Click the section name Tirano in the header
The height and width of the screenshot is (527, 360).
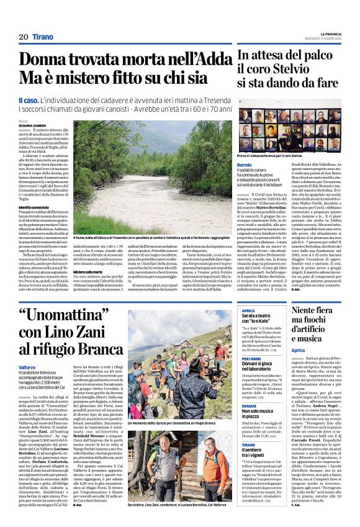(43, 37)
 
